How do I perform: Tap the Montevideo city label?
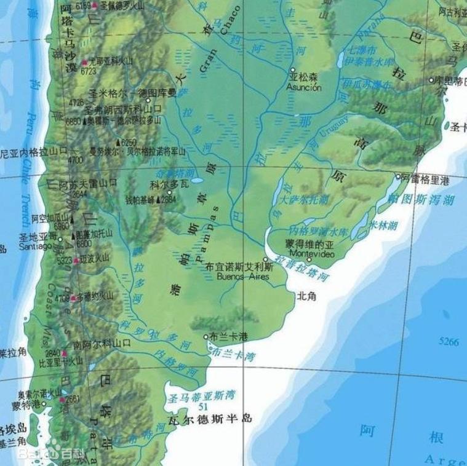point(311,253)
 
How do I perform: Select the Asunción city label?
point(304,87)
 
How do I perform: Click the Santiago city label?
point(34,247)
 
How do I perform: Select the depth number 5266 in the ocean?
point(449,341)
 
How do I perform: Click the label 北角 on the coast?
point(306,296)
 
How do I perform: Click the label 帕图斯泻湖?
point(421,199)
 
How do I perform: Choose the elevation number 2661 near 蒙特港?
point(73,399)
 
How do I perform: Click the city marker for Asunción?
point(293,70)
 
